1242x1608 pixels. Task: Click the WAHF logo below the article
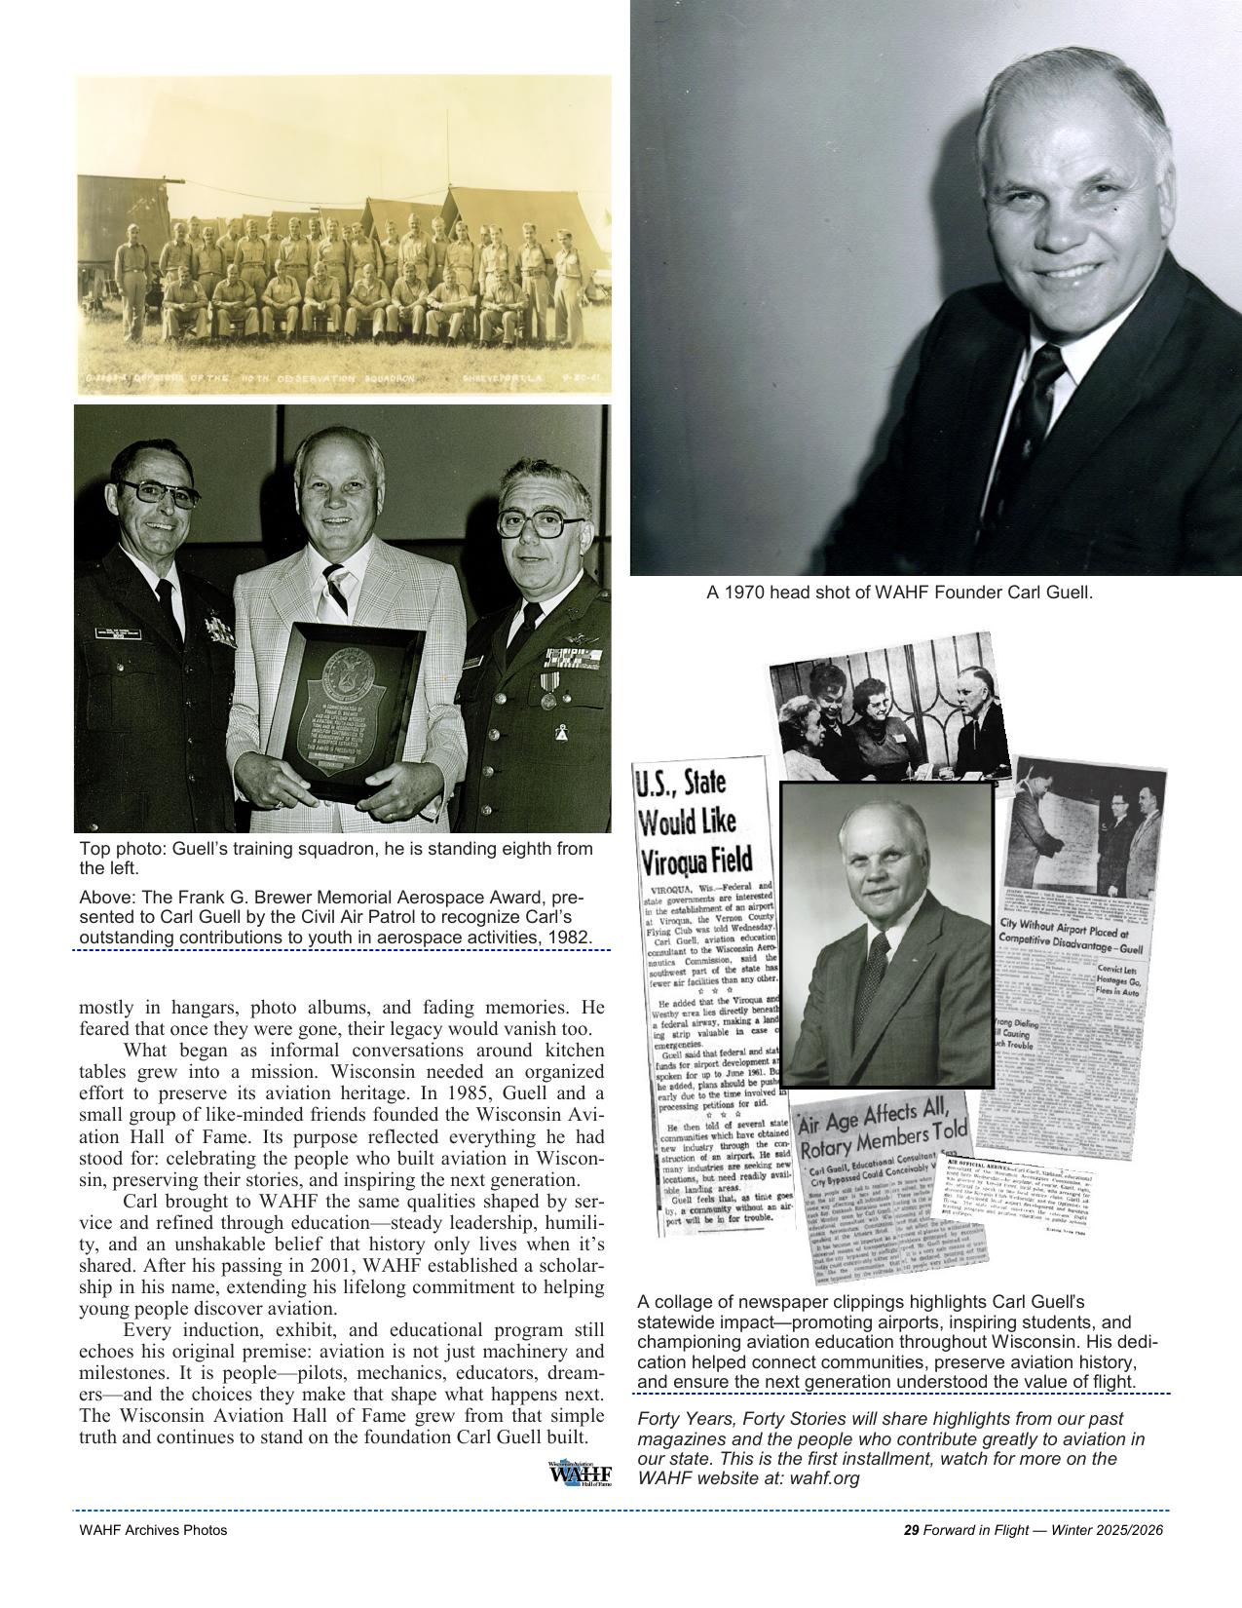pos(580,1474)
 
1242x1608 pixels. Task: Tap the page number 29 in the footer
pos(911,1530)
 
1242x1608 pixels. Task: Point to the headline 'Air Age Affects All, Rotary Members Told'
pos(883,1136)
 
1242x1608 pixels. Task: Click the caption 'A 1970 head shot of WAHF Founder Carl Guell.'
pos(899,592)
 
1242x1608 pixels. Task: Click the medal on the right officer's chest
pos(547,699)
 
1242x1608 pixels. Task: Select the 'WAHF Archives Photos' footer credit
pos(153,1530)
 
